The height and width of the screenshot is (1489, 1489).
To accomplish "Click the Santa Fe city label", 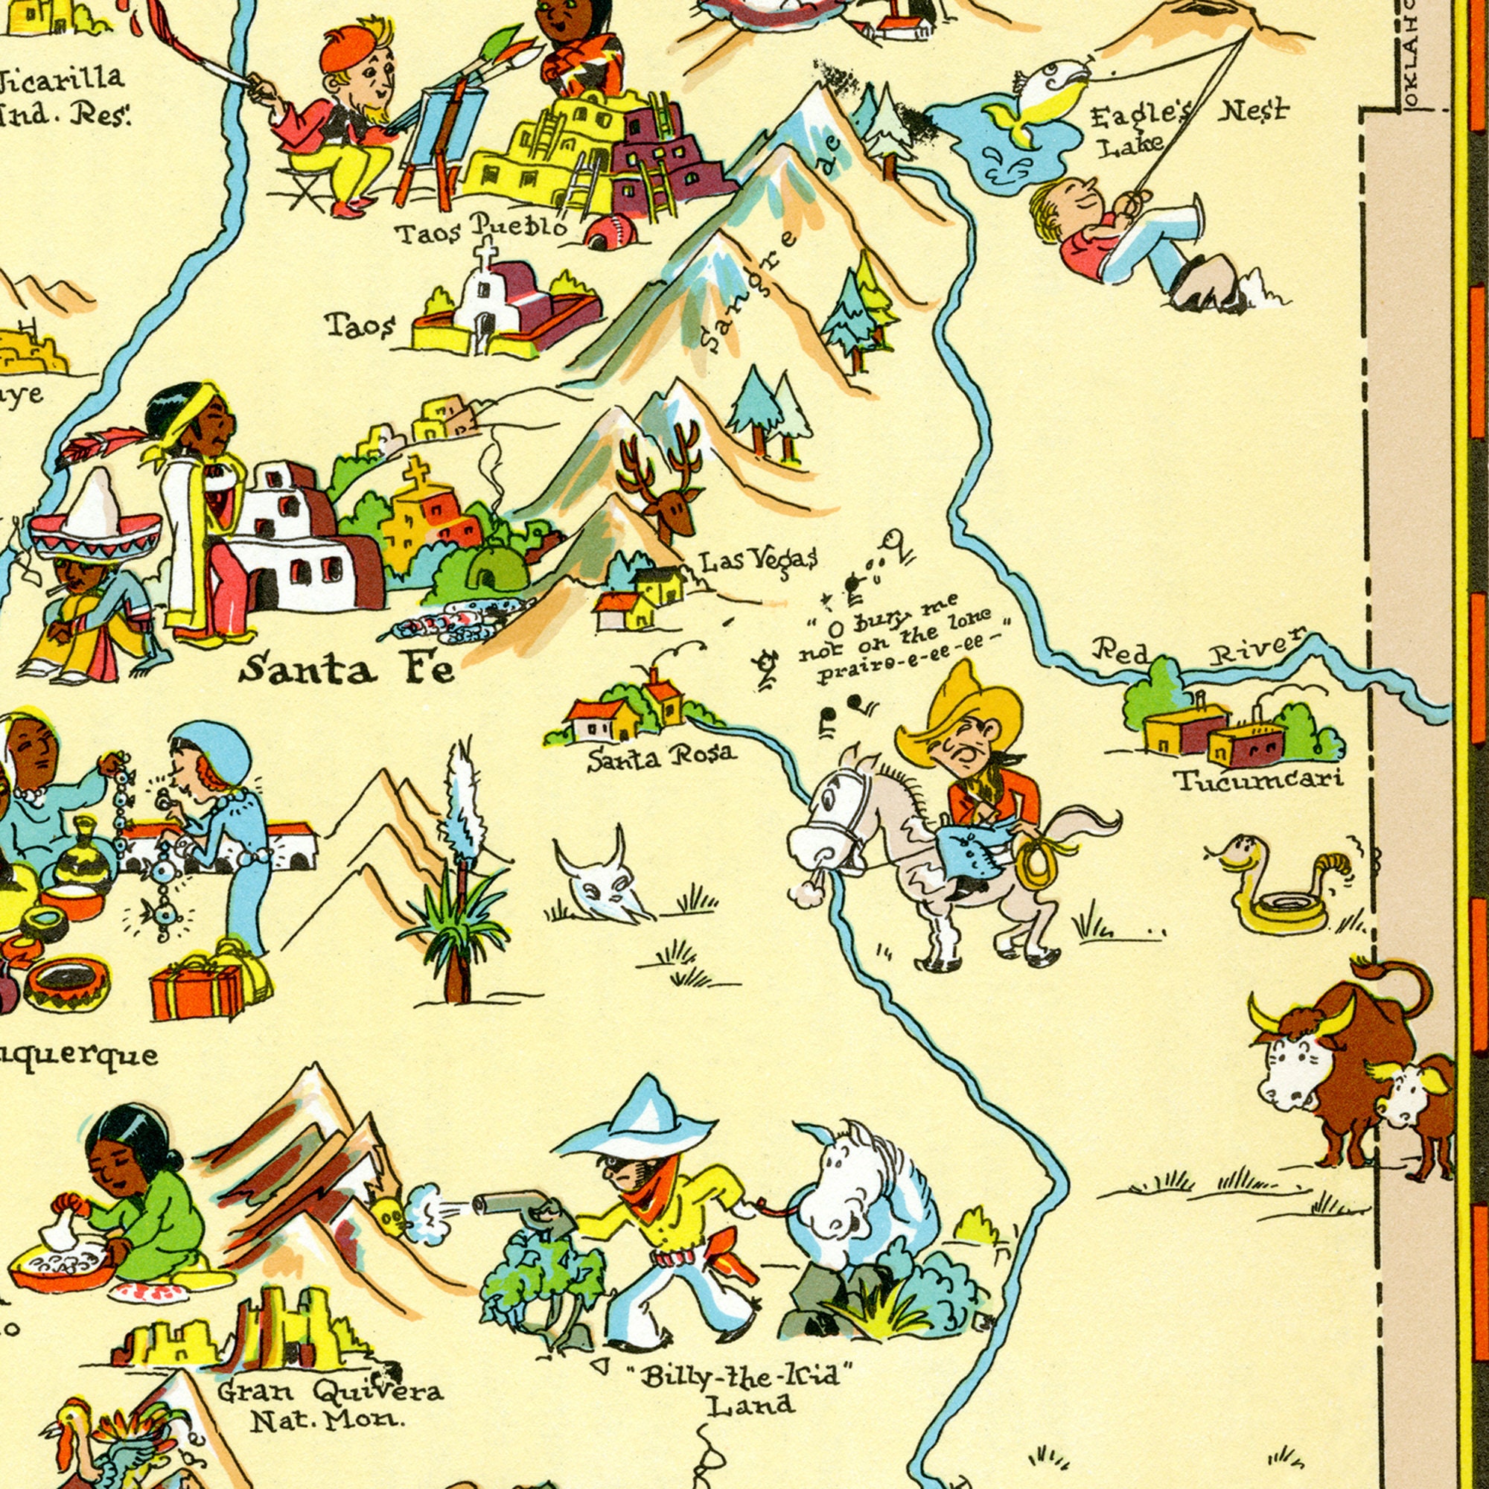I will (346, 669).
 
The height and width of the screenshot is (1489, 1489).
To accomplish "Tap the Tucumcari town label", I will (1258, 780).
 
